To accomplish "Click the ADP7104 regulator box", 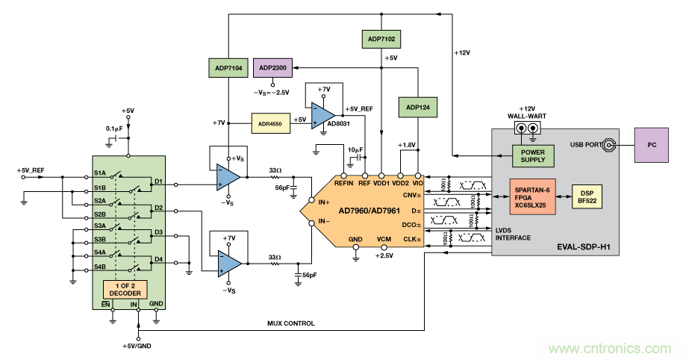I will coord(228,69).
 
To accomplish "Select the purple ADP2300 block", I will coord(276,68).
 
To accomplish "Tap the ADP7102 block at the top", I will coord(381,37).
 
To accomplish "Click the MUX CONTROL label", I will coord(290,323).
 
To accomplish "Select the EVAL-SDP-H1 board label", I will coord(587,247).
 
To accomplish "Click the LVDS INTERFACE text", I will coord(514,234).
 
